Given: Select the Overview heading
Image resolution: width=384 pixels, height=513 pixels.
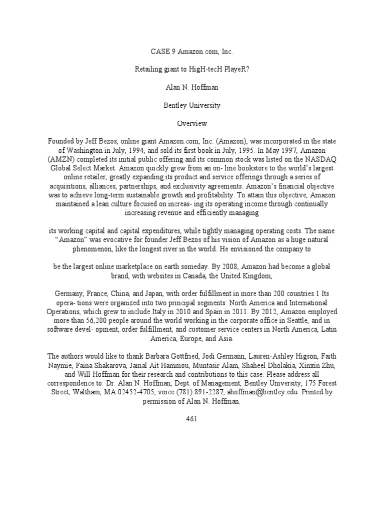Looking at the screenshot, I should [192, 123].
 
